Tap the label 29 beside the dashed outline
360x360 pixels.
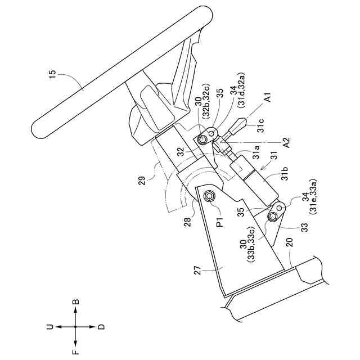click(143, 180)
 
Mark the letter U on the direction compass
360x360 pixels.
click(49, 326)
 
